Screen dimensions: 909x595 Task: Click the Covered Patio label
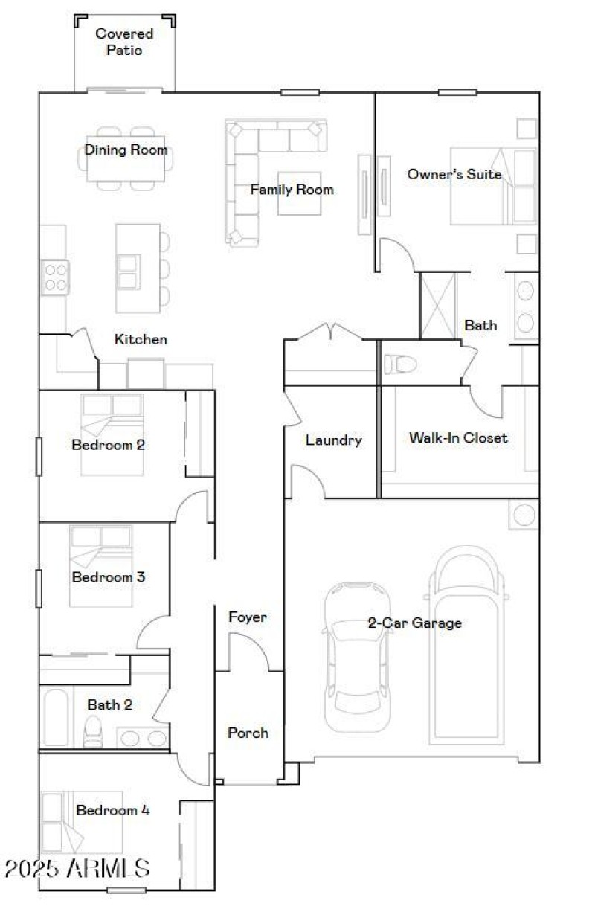pos(124,42)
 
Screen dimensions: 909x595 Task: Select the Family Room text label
pos(292,190)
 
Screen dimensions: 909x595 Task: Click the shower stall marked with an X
pos(438,306)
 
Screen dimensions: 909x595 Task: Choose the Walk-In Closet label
pos(458,437)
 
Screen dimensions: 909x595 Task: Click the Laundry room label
pos(333,440)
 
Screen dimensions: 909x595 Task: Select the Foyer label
pos(247,617)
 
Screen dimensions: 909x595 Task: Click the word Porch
pos(248,733)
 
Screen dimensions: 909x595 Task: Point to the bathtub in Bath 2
pos(57,719)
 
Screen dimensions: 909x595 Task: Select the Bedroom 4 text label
pos(112,810)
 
